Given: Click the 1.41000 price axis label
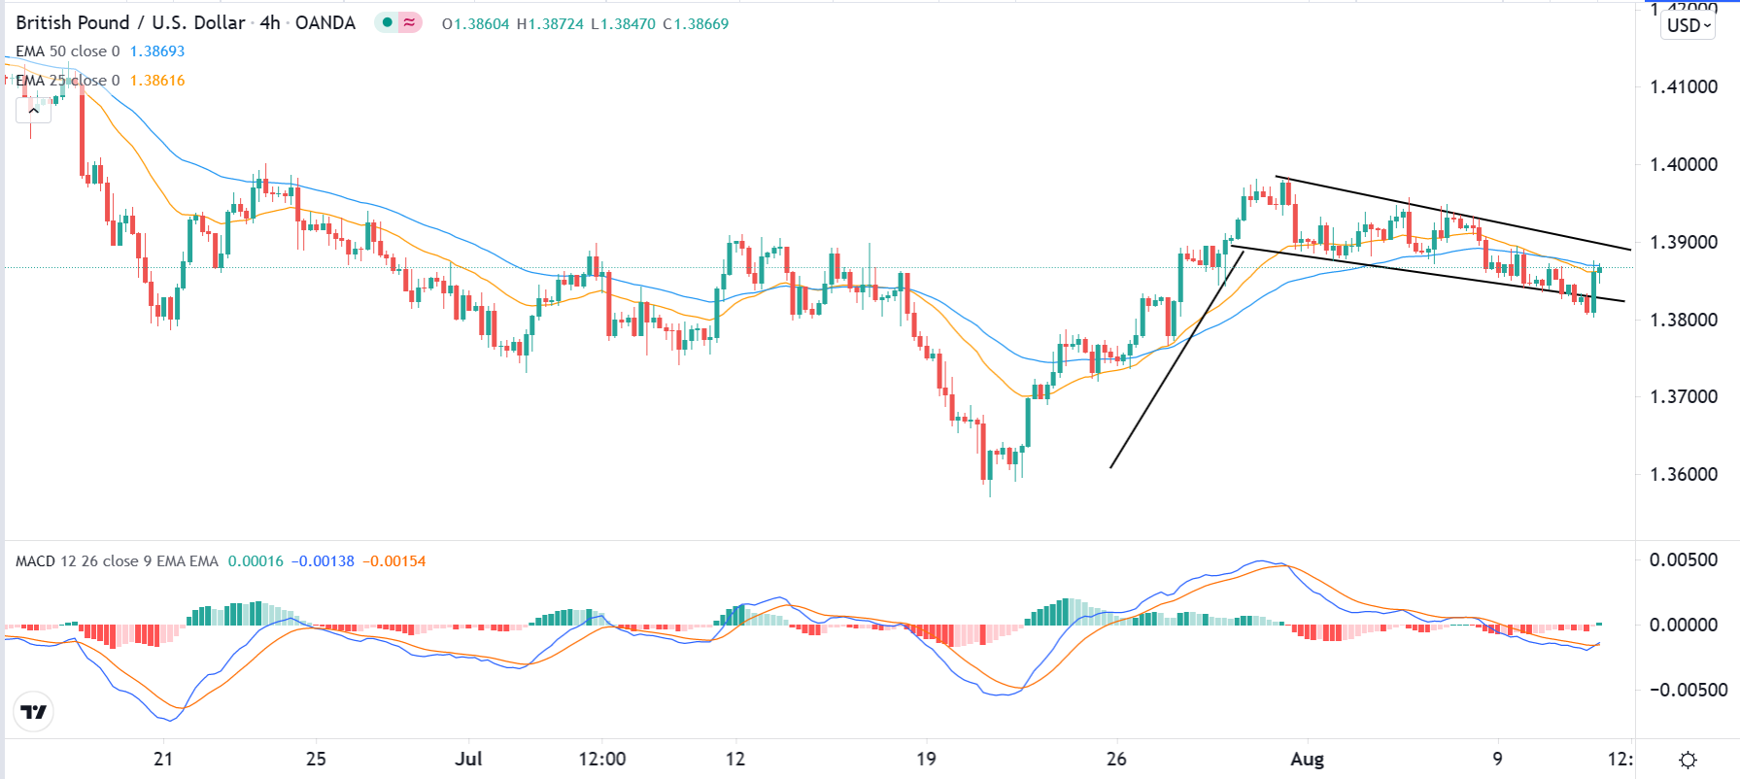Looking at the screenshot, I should tap(1683, 86).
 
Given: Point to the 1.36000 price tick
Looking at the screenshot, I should tap(1683, 474).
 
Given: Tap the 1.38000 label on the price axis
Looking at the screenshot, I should tap(1683, 320).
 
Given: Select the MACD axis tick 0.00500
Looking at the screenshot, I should tap(1683, 559).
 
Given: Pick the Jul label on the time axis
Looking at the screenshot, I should tap(469, 759).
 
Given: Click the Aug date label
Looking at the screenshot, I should tap(1307, 759).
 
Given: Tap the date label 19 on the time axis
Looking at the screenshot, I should tap(926, 759).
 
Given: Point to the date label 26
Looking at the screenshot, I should tap(1116, 759).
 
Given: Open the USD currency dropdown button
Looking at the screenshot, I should tap(1689, 25).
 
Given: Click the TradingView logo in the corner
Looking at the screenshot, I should tap(34, 712).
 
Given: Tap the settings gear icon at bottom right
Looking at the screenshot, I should tap(1688, 760).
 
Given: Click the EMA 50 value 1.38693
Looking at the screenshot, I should tap(157, 51).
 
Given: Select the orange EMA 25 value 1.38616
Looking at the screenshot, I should tap(157, 81).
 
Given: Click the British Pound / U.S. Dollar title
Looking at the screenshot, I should tap(130, 23).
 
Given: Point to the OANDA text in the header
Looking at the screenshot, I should tap(325, 23).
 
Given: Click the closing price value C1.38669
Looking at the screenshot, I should tap(696, 24).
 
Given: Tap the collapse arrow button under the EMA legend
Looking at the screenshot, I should tap(33, 110).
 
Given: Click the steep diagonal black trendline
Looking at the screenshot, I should tap(1177, 360).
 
